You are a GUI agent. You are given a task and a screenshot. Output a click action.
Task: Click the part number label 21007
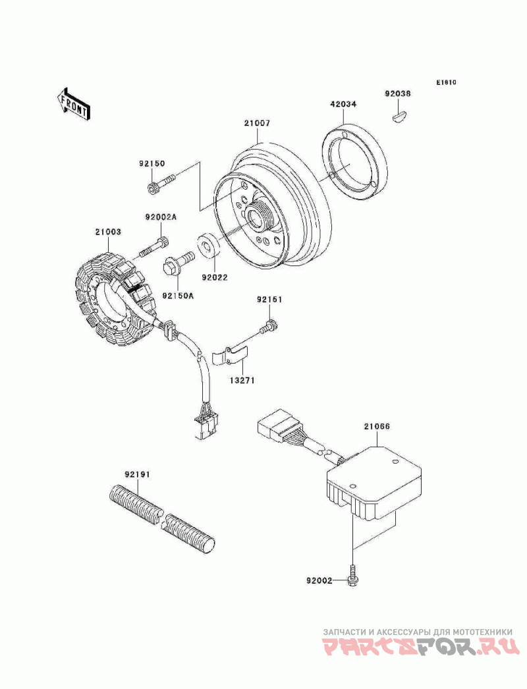tap(257, 123)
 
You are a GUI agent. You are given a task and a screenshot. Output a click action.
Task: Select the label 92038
tap(398, 94)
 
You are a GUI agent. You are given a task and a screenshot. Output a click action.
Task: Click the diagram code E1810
tap(445, 83)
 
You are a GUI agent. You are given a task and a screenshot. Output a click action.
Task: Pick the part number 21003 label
tap(107, 232)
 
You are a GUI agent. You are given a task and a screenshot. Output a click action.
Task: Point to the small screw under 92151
tap(269, 325)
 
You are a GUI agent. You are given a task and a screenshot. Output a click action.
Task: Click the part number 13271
tap(242, 380)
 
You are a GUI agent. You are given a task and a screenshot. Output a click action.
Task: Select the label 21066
tap(377, 427)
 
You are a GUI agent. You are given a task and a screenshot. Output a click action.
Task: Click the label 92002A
tap(161, 216)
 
